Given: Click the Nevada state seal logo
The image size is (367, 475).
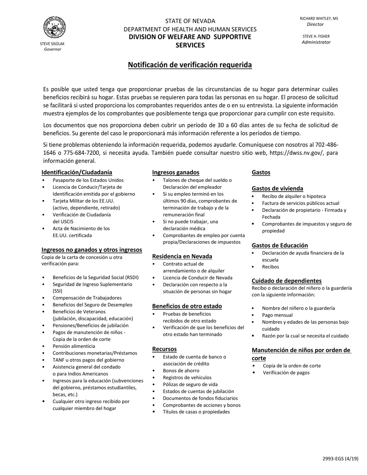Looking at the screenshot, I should pyautogui.click(x=54, y=27).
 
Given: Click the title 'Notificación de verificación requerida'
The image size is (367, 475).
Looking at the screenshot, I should pyautogui.click(x=190, y=65).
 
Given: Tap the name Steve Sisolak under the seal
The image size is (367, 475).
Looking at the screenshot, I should pyautogui.click(x=52, y=44).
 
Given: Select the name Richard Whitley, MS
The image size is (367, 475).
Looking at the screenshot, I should pyautogui.click(x=319, y=19).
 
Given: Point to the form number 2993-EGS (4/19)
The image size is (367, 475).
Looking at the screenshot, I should pyautogui.click(x=340, y=459).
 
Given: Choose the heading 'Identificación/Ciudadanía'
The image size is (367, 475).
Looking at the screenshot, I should pyautogui.click(x=77, y=172).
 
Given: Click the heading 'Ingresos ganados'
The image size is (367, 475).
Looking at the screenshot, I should pyautogui.click(x=176, y=172).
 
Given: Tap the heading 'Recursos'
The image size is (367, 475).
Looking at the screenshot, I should pyautogui.click(x=164, y=349).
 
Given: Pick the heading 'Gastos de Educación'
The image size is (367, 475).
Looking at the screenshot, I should pyautogui.click(x=280, y=245).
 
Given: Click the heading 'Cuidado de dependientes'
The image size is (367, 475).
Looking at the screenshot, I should pyautogui.click(x=287, y=281).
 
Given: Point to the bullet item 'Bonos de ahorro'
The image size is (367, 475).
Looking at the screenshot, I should pyautogui.click(x=181, y=370).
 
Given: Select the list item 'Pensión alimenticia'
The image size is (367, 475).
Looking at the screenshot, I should pyautogui.click(x=74, y=346).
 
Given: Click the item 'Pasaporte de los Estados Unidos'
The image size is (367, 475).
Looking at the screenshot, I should pyautogui.click(x=88, y=180).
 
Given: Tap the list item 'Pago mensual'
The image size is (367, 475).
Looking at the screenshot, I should pyautogui.click(x=277, y=315).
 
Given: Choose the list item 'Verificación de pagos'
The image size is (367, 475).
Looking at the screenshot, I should pyautogui.click(x=286, y=373).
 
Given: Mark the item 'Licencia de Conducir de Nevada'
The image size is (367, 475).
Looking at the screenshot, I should pyautogui.click(x=197, y=278).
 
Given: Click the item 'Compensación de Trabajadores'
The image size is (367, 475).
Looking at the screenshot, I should pyautogui.click(x=87, y=298).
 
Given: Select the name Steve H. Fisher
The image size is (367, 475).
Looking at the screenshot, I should pyautogui.click(x=316, y=36).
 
